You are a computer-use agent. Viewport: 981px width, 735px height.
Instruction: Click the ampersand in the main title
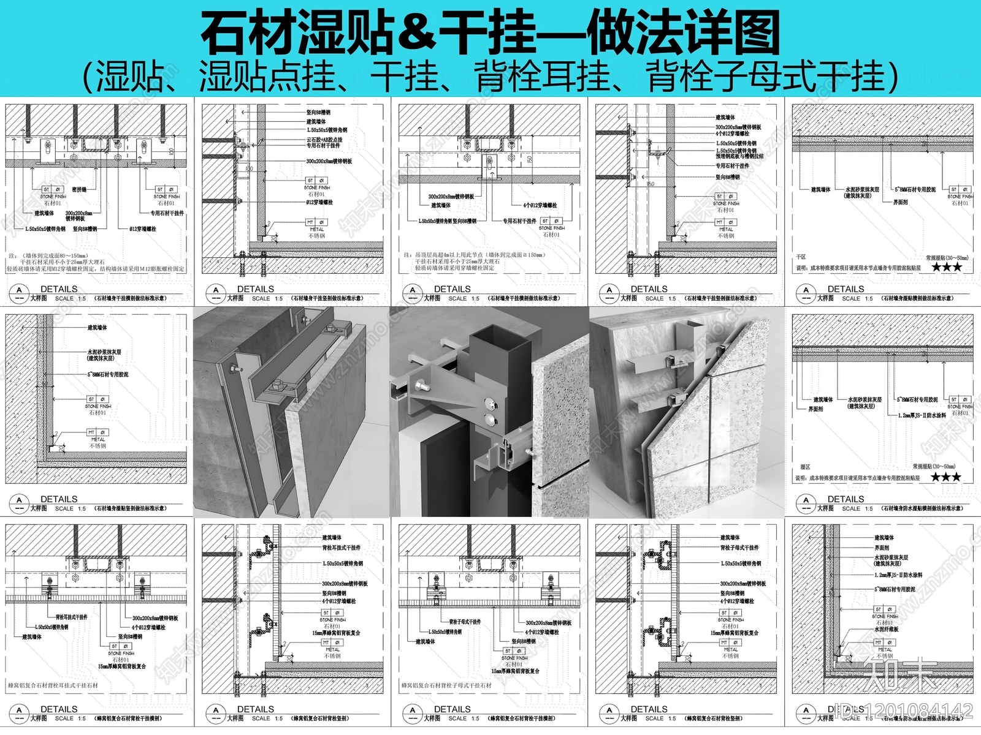click(418, 34)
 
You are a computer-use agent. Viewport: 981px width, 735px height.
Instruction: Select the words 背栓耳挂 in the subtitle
click(542, 78)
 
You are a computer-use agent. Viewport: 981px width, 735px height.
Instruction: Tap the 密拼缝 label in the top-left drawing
click(78, 190)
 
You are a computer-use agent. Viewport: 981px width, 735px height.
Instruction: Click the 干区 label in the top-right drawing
click(801, 257)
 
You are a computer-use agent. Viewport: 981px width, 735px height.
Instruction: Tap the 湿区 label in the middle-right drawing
click(805, 467)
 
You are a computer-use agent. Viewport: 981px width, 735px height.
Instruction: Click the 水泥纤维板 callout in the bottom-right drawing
click(886, 630)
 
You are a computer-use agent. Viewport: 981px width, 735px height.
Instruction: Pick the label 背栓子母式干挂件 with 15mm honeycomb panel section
click(739, 548)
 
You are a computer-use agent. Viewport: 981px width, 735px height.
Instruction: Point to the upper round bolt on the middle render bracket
click(489, 403)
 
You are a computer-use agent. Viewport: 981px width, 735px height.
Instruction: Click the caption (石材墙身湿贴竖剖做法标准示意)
click(130, 508)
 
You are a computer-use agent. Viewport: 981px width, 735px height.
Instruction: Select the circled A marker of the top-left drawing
click(20, 290)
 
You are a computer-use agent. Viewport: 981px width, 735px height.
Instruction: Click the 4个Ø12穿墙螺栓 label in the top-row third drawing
click(540, 206)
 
